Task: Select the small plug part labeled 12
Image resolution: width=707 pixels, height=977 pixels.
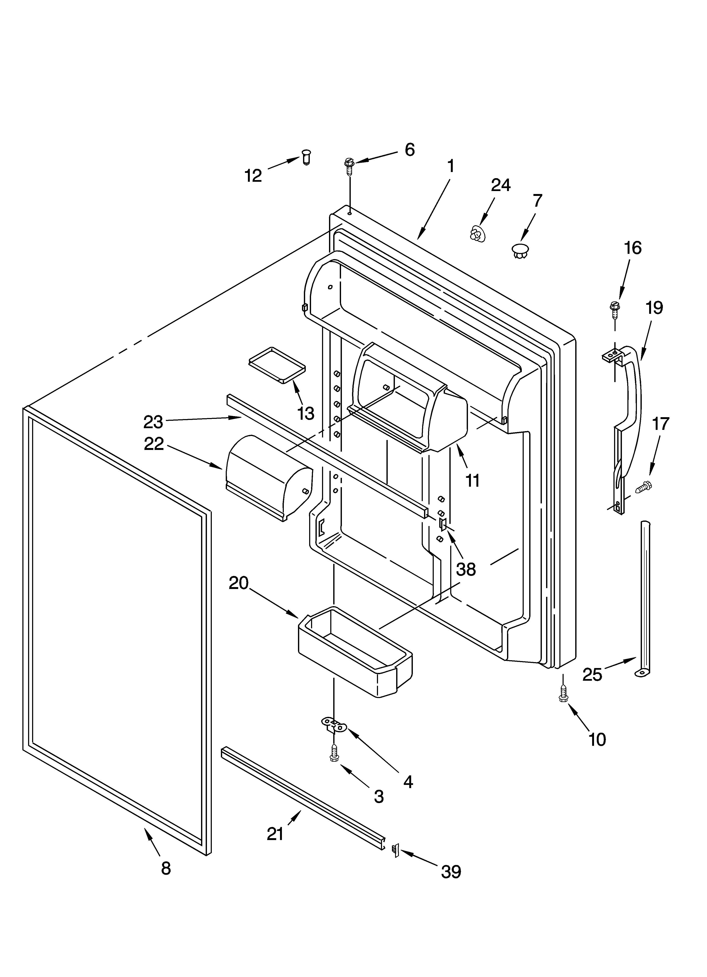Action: (306, 157)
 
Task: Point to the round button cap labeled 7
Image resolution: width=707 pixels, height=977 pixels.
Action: (521, 250)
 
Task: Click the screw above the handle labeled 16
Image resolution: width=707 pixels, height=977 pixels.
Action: (614, 309)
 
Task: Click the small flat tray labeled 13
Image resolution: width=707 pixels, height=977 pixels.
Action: (276, 364)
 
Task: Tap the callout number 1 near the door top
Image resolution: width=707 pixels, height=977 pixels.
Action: (450, 166)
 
